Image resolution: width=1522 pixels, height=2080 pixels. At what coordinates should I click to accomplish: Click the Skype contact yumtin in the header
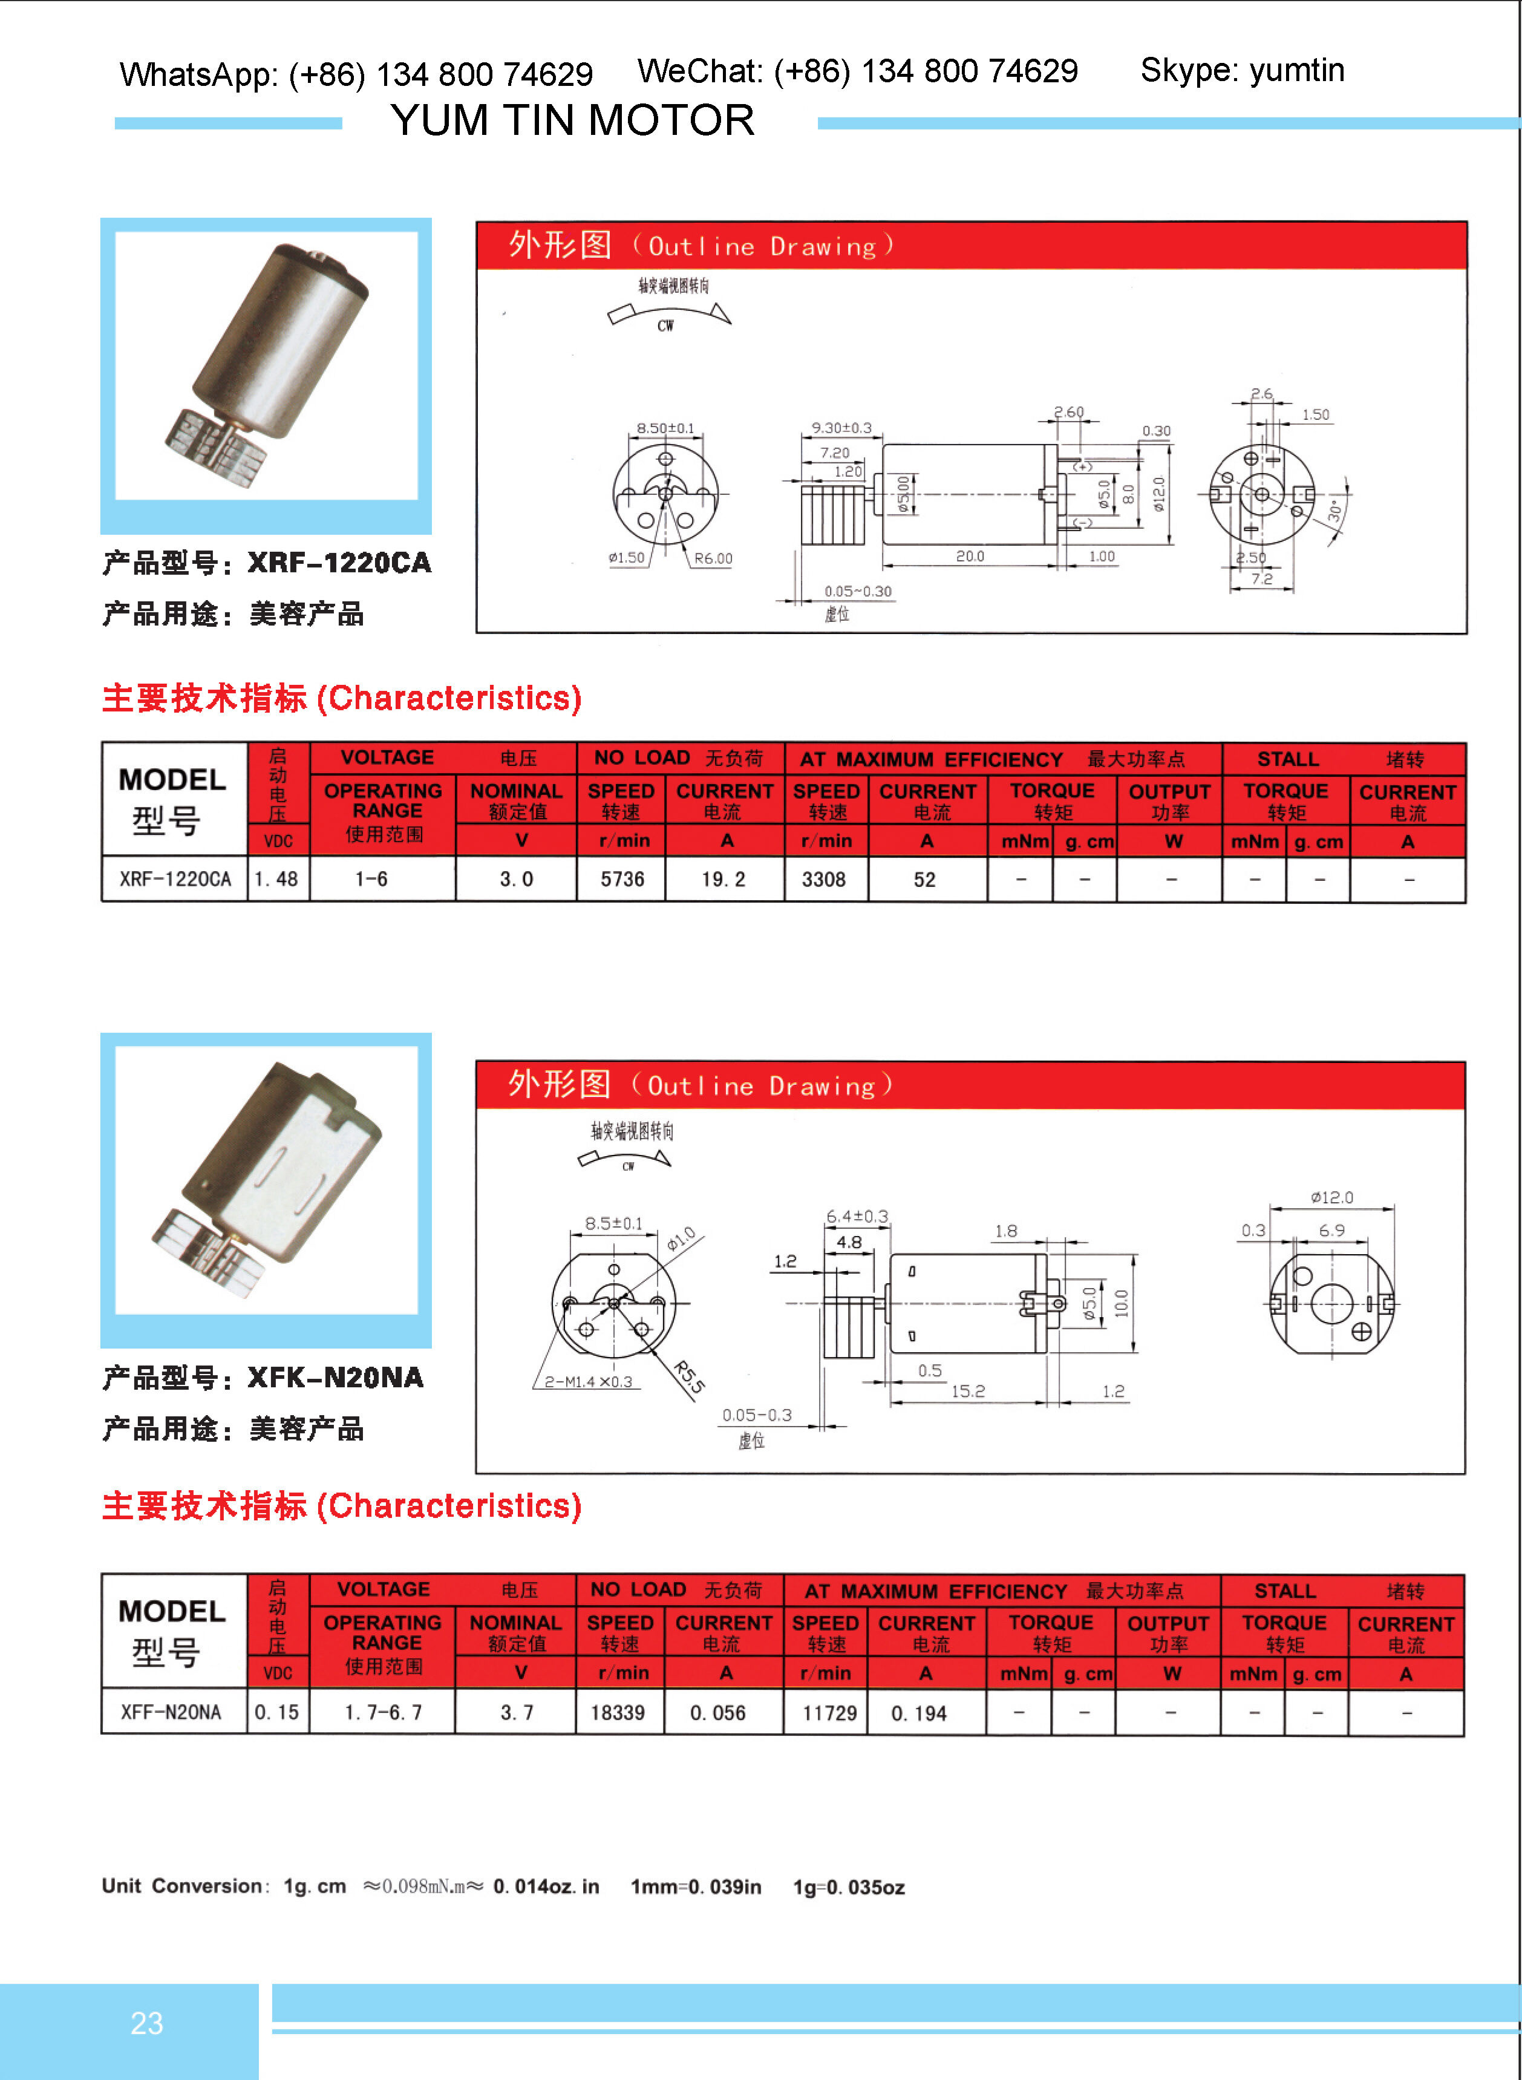1242,71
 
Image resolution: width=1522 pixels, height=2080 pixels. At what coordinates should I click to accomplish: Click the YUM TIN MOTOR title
572,120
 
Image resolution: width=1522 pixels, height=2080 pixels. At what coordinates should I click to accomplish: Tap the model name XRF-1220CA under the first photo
339,563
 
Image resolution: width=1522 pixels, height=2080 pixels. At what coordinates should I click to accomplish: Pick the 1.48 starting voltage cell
276,880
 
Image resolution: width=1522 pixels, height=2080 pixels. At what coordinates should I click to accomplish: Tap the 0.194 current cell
918,1713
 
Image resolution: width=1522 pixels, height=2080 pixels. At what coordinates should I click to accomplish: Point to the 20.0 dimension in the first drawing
969,557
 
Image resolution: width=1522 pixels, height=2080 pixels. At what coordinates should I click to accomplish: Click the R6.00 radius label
713,558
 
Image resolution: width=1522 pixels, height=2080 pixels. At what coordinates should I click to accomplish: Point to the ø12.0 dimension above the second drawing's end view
1331,1197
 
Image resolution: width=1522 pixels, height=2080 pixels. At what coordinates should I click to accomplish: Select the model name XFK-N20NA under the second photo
335,1378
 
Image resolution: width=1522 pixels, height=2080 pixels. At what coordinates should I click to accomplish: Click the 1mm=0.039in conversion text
696,1886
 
